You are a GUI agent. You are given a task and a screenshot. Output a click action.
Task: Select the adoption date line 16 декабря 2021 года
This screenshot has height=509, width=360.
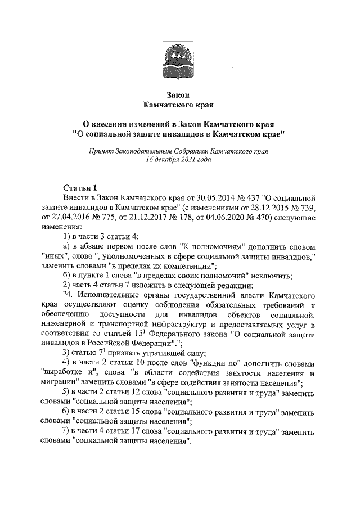point(179,160)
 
